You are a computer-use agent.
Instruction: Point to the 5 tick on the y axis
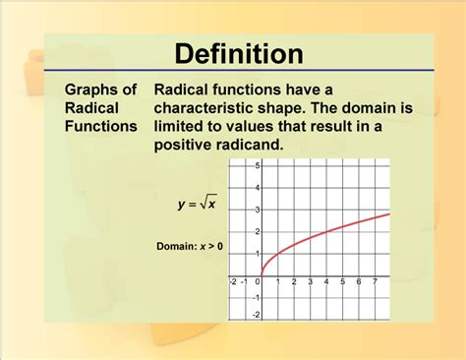(257, 167)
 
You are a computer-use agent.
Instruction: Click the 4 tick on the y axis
(257, 188)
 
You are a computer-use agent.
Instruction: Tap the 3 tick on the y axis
(257, 210)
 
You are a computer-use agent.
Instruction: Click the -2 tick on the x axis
(232, 282)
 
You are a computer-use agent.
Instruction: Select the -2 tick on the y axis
(256, 315)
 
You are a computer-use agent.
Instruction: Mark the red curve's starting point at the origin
(262, 274)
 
